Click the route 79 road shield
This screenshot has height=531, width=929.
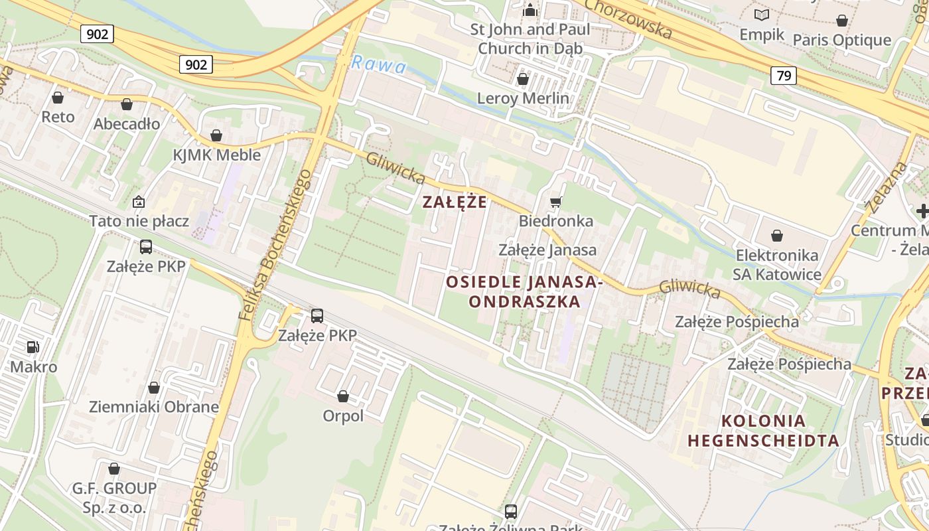(x=783, y=76)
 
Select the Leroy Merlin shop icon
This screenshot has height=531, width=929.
(x=523, y=79)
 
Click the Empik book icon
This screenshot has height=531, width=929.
(x=762, y=15)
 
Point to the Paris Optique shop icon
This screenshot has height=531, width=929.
(x=842, y=21)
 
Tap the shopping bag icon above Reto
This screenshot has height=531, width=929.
(x=58, y=98)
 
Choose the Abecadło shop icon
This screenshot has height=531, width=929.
(x=127, y=104)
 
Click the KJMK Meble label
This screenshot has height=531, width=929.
(x=216, y=155)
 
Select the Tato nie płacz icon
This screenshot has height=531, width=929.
(x=139, y=202)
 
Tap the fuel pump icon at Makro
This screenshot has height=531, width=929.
(x=33, y=346)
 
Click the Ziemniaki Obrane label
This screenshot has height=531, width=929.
(x=154, y=407)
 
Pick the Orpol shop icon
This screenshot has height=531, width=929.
(x=343, y=396)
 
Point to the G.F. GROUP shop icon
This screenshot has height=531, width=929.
(x=114, y=469)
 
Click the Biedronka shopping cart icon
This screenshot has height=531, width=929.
(x=555, y=202)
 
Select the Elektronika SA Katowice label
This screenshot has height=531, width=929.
(x=776, y=264)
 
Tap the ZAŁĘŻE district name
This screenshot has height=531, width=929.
(x=455, y=202)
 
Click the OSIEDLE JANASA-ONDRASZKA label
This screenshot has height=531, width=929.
(x=524, y=291)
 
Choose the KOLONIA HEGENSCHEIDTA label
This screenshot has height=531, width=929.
(x=763, y=430)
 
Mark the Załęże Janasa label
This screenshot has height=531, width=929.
(x=547, y=250)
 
